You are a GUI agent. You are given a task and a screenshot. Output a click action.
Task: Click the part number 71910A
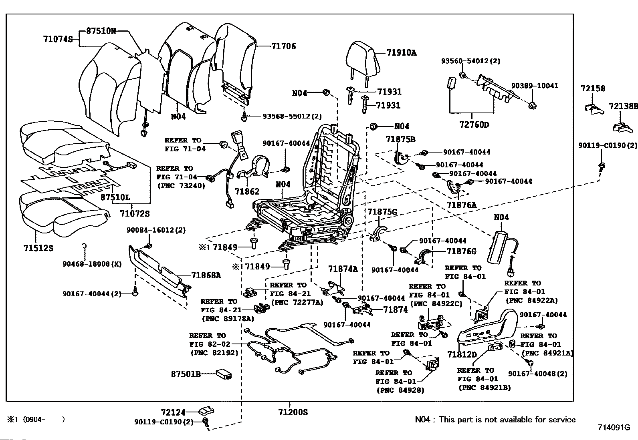point(401,52)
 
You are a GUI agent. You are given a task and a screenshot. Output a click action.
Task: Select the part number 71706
point(283,46)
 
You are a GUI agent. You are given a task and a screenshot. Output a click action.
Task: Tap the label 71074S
point(58,39)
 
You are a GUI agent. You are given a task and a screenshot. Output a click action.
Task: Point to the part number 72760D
point(474,125)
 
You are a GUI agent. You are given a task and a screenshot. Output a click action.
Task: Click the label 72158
point(593,88)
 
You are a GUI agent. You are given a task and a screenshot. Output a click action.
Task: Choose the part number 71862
point(247,192)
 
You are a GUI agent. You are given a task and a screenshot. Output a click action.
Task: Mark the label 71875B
point(400,139)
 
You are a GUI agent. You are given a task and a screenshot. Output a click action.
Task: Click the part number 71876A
point(462,205)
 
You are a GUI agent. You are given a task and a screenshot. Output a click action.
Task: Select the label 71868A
point(206,275)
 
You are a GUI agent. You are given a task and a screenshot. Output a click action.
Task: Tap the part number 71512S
point(38,248)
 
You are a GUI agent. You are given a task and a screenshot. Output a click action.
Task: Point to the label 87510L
point(115,197)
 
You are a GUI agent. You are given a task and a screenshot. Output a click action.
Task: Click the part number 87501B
point(186,374)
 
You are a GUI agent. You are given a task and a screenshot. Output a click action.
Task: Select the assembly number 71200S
point(293,412)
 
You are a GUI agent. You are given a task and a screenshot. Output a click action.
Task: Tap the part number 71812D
point(462,355)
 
